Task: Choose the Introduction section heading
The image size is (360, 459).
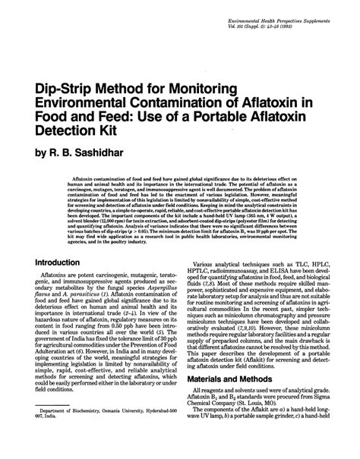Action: coord(60,261)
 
